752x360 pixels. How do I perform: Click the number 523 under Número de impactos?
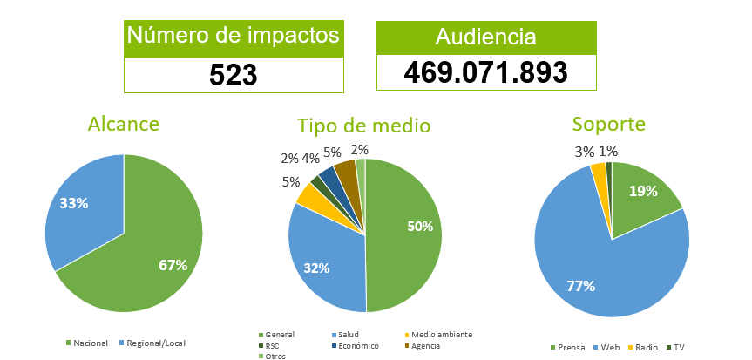pos(234,75)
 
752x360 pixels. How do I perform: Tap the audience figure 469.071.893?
pos(486,72)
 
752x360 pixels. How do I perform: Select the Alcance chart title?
pos(124,124)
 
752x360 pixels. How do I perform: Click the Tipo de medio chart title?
pos(363,126)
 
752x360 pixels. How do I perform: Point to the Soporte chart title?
pos(609,124)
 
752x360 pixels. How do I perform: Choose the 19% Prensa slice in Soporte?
pos(645,196)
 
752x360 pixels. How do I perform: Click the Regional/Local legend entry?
pos(155,343)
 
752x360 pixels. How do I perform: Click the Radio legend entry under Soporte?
pos(644,348)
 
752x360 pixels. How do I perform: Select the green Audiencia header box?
pos(486,37)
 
